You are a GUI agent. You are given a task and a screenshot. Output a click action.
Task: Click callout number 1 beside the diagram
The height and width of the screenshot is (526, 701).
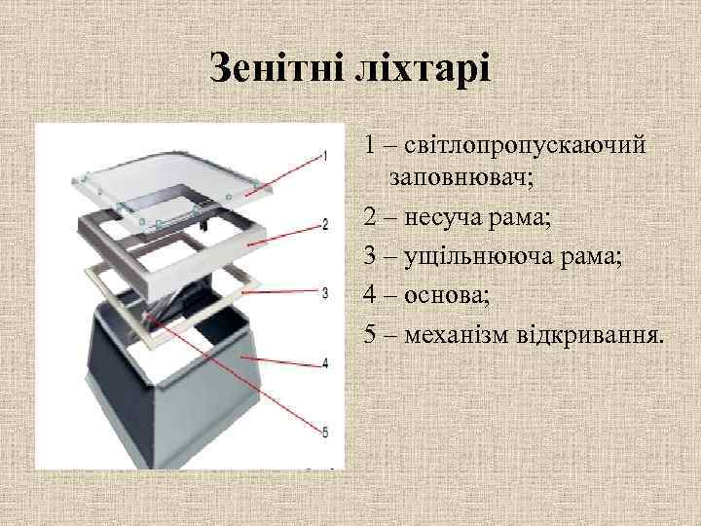tap(324, 155)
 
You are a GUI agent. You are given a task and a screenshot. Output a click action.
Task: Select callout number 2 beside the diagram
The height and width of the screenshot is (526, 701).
tap(324, 224)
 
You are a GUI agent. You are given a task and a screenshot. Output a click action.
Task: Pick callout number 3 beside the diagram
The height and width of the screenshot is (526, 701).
tap(324, 292)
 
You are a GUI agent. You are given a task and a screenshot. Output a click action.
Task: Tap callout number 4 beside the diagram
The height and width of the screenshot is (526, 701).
tap(324, 362)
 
